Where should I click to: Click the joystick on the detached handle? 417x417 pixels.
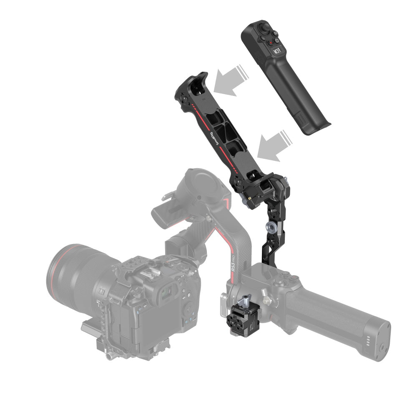[264, 28]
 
